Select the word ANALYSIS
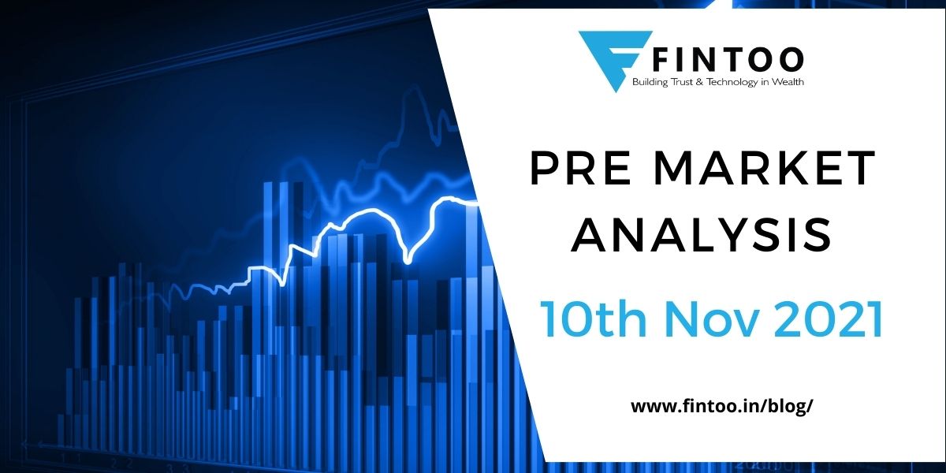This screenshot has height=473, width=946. (702, 235)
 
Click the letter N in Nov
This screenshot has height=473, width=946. (667, 318)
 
